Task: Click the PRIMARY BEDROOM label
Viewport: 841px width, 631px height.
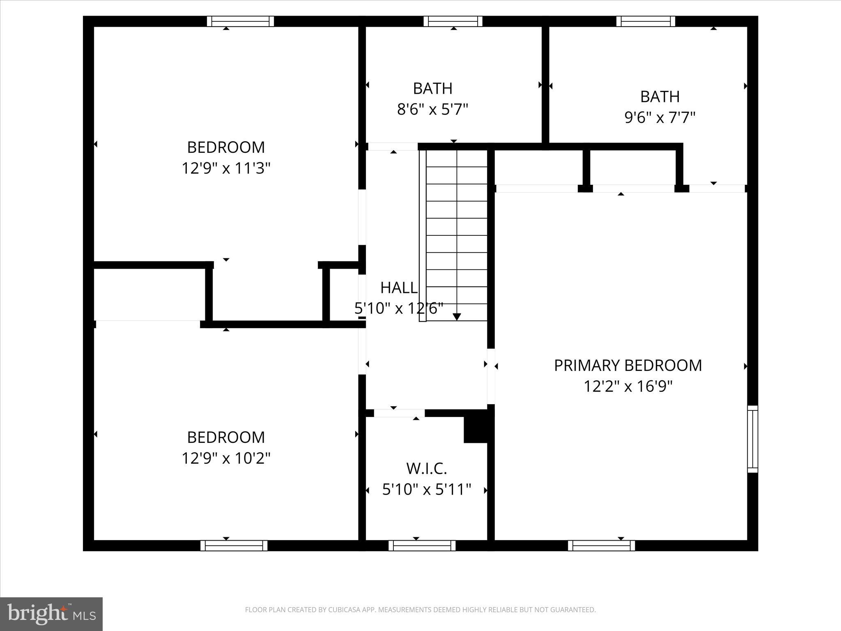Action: point(628,365)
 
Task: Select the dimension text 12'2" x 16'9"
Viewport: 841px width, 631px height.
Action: point(628,386)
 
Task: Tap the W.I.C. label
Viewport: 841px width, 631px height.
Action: point(426,468)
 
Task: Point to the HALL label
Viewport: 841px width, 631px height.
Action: point(399,288)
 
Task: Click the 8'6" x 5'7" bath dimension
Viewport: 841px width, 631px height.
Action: point(432,109)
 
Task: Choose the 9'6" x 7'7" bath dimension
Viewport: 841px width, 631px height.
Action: point(659,117)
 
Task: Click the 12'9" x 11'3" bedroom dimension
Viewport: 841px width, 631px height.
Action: point(226,168)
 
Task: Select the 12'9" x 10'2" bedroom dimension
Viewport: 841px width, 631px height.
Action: point(226,458)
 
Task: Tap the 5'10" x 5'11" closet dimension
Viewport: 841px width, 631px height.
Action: point(426,489)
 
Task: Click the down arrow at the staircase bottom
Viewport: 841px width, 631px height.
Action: point(457,316)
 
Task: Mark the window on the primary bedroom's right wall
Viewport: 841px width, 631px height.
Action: point(752,439)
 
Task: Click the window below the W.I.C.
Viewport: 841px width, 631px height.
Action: point(422,546)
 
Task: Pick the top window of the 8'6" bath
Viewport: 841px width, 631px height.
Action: point(453,21)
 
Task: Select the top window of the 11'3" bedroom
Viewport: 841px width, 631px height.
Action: point(240,21)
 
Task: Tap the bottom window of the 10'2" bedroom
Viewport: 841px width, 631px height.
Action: point(234,546)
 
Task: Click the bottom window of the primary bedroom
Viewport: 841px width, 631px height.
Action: point(601,546)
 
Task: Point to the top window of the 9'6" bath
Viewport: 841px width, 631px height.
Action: point(646,21)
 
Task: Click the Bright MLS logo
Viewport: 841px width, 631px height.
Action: point(51,614)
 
